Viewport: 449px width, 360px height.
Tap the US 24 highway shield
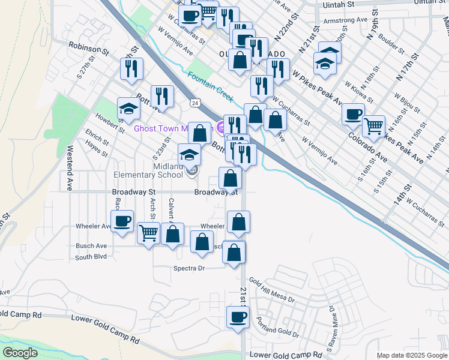[195, 103]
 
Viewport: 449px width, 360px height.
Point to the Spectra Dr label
[189, 268]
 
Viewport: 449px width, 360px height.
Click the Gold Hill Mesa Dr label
[272, 290]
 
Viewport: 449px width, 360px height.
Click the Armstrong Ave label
[345, 20]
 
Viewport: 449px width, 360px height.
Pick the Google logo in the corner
[20, 353]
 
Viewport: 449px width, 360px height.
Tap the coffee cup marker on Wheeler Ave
[122, 220]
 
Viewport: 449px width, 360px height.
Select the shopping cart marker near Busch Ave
[148, 232]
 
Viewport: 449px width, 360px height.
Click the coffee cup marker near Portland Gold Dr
[238, 316]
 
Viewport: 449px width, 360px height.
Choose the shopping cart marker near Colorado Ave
[373, 125]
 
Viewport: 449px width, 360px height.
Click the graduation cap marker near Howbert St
[128, 108]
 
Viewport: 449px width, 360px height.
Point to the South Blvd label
[91, 257]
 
